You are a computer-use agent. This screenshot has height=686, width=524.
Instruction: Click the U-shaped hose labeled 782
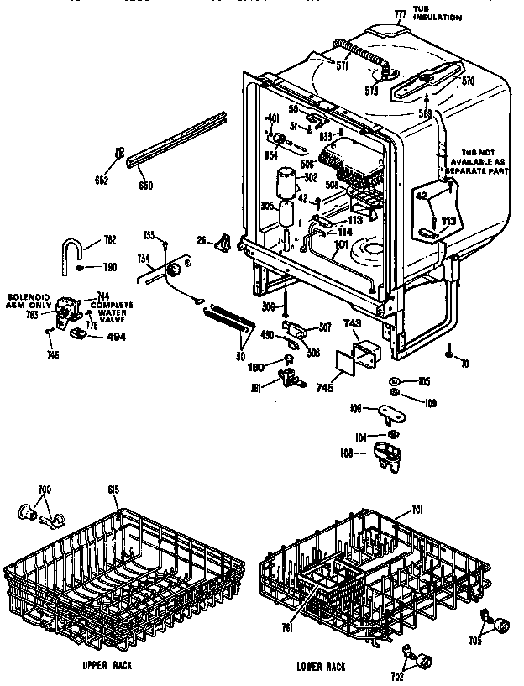click(x=74, y=249)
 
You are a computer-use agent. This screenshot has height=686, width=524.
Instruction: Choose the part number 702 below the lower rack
click(x=397, y=675)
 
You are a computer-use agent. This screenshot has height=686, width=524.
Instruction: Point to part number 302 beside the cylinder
click(x=309, y=179)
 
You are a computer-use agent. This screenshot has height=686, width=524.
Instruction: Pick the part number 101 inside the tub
click(x=339, y=245)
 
